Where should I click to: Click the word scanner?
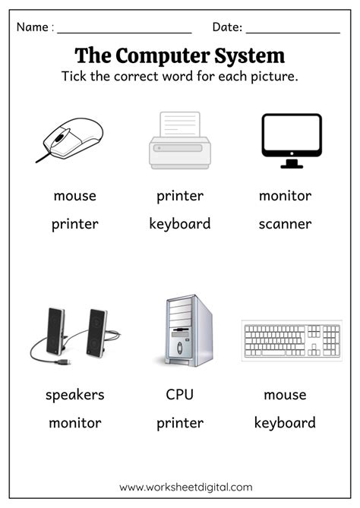pyautogui.click(x=285, y=224)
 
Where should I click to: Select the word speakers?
pyautogui.click(x=75, y=395)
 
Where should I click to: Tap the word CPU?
pyautogui.click(x=179, y=395)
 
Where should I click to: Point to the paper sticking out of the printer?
pyautogui.click(x=180, y=124)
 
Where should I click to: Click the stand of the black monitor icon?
pyautogui.click(x=292, y=164)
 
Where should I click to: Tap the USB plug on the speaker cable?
pyautogui.click(x=64, y=362)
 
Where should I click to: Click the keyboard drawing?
pyautogui.click(x=292, y=340)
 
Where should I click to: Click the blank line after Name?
pyautogui.click(x=125, y=33)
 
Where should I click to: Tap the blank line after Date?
pyautogui.click(x=293, y=33)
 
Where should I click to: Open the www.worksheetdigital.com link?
pyautogui.click(x=185, y=487)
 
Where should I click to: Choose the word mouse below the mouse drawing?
pyautogui.click(x=75, y=196)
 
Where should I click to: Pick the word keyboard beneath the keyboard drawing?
pyautogui.click(x=285, y=423)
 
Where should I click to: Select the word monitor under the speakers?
pyautogui.click(x=75, y=423)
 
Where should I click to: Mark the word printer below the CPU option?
pyautogui.click(x=180, y=424)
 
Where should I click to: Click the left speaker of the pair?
pyautogui.click(x=55, y=331)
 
